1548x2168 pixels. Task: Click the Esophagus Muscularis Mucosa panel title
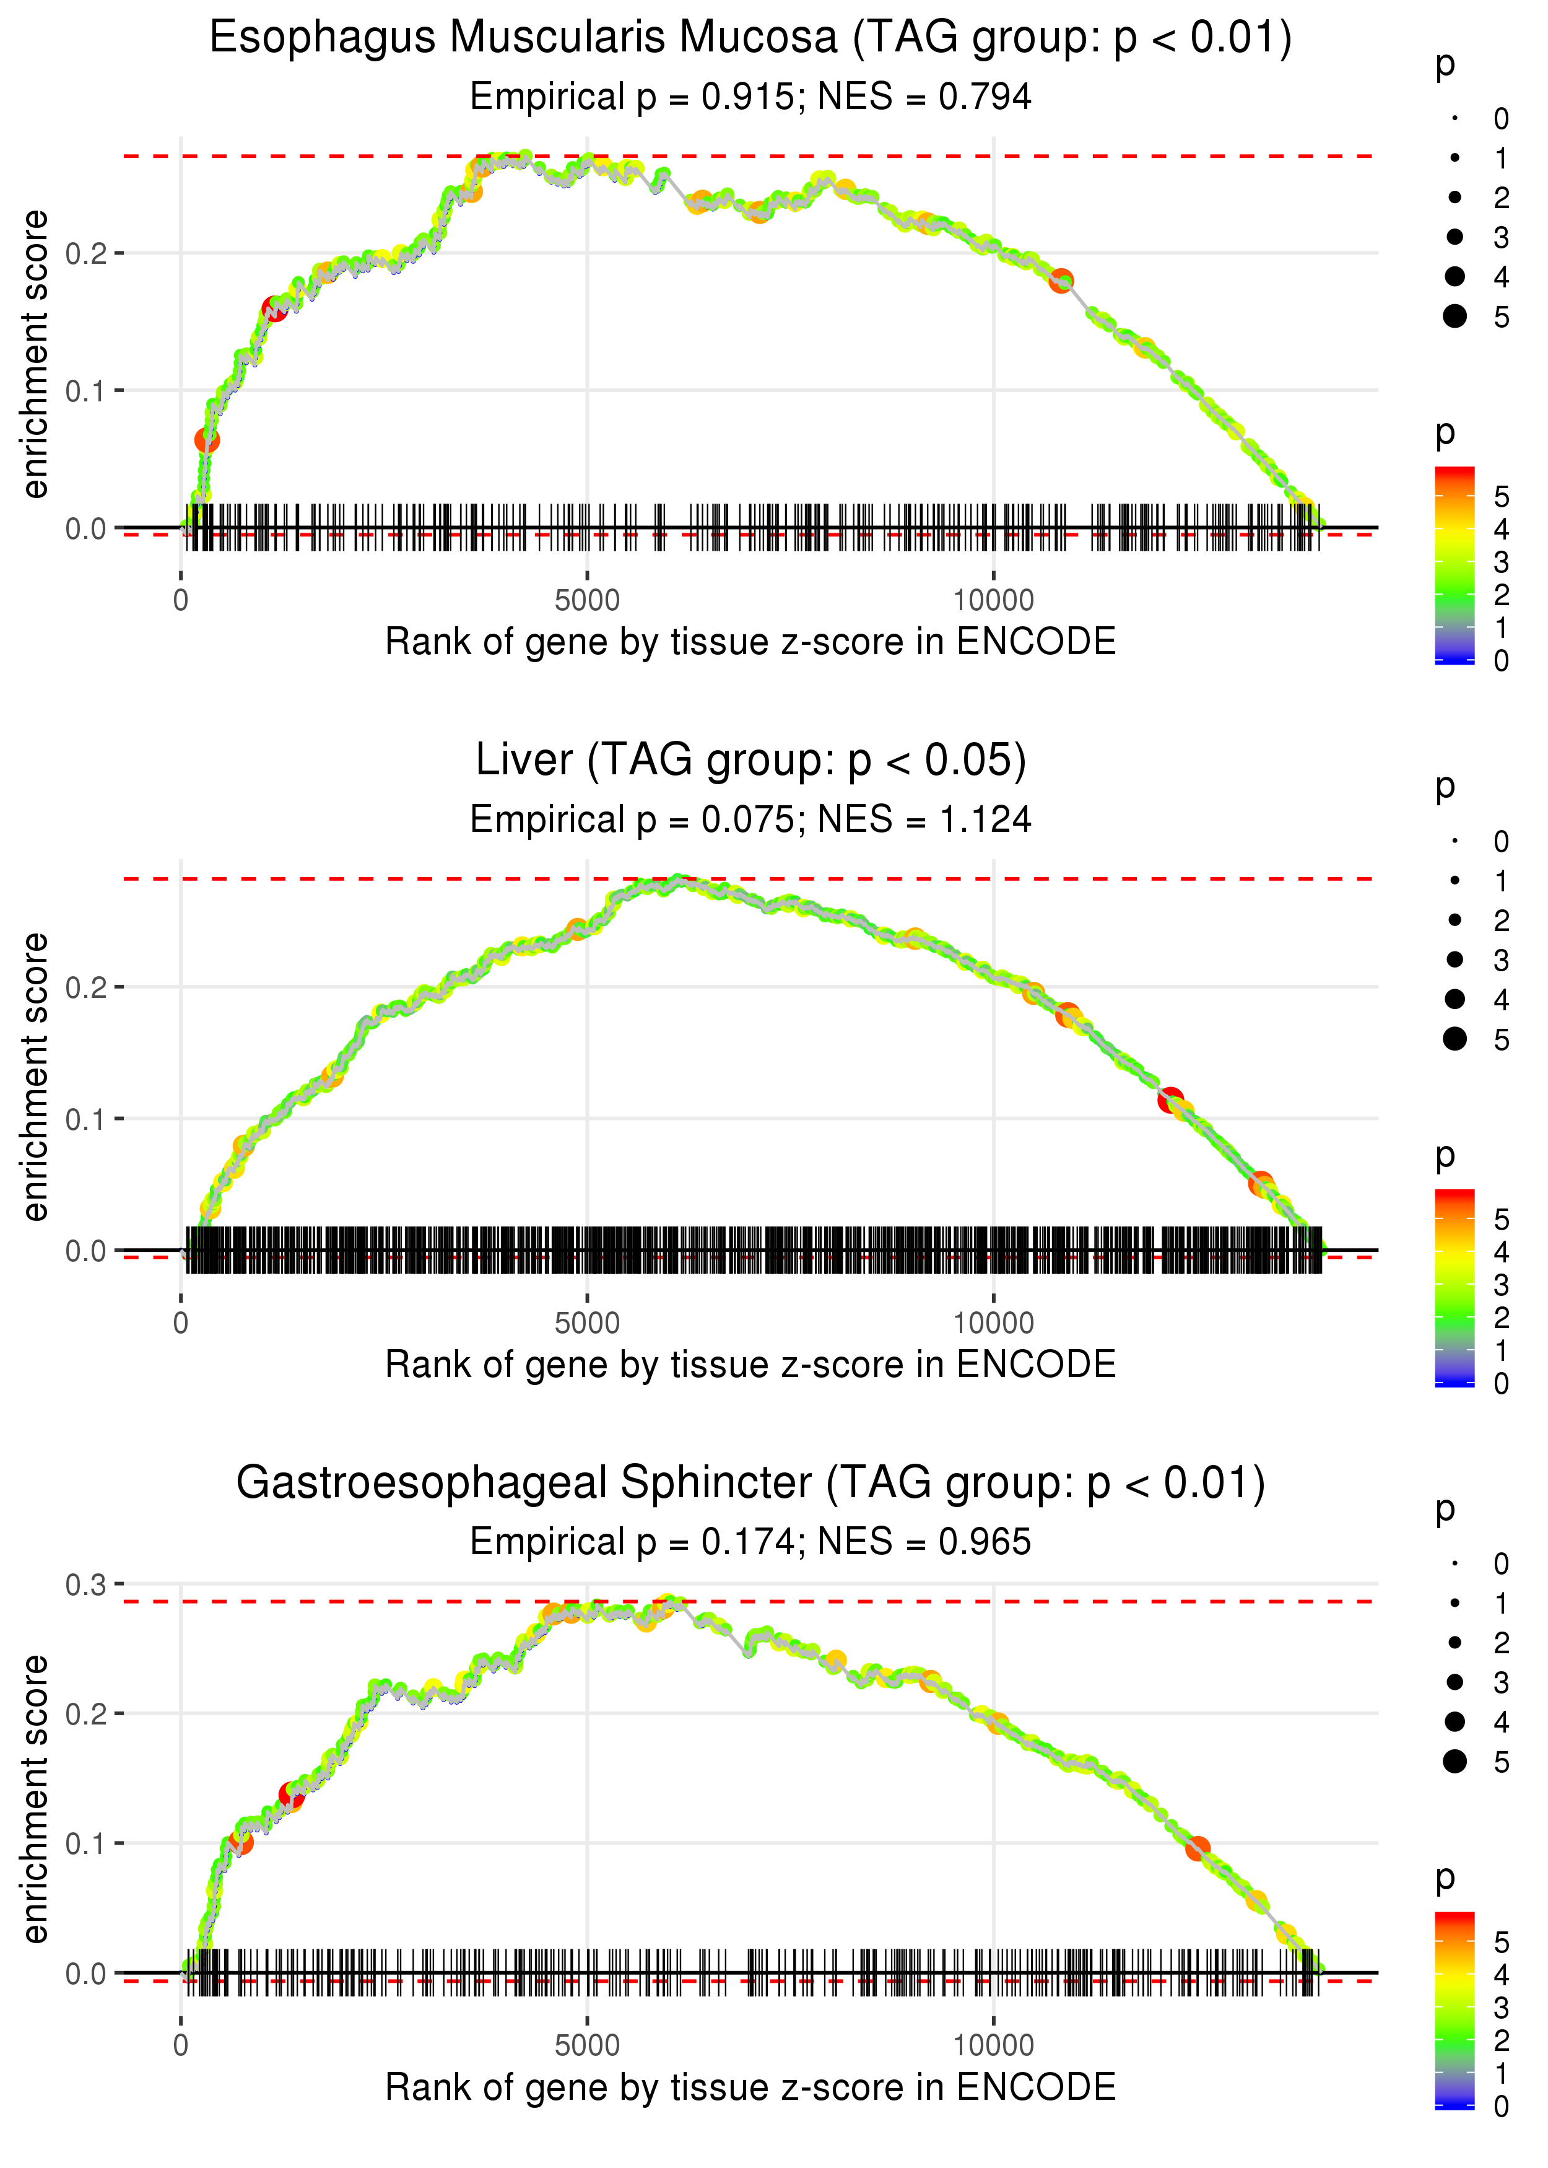coord(750,38)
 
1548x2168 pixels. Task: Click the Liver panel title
coord(750,760)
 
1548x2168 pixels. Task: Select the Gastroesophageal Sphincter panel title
coord(750,1482)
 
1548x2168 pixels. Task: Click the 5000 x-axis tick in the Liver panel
coord(587,1322)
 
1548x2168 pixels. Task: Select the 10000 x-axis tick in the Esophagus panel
coord(993,601)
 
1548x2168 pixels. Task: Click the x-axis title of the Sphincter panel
coord(750,2087)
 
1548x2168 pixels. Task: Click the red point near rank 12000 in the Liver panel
coord(1170,1099)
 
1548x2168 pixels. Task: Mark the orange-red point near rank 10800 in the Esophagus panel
coord(1061,281)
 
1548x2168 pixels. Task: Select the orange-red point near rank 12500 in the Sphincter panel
coord(1197,1848)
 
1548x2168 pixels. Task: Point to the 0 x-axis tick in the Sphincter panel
coord(181,2045)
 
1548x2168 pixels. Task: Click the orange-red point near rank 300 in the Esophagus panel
coord(207,440)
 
